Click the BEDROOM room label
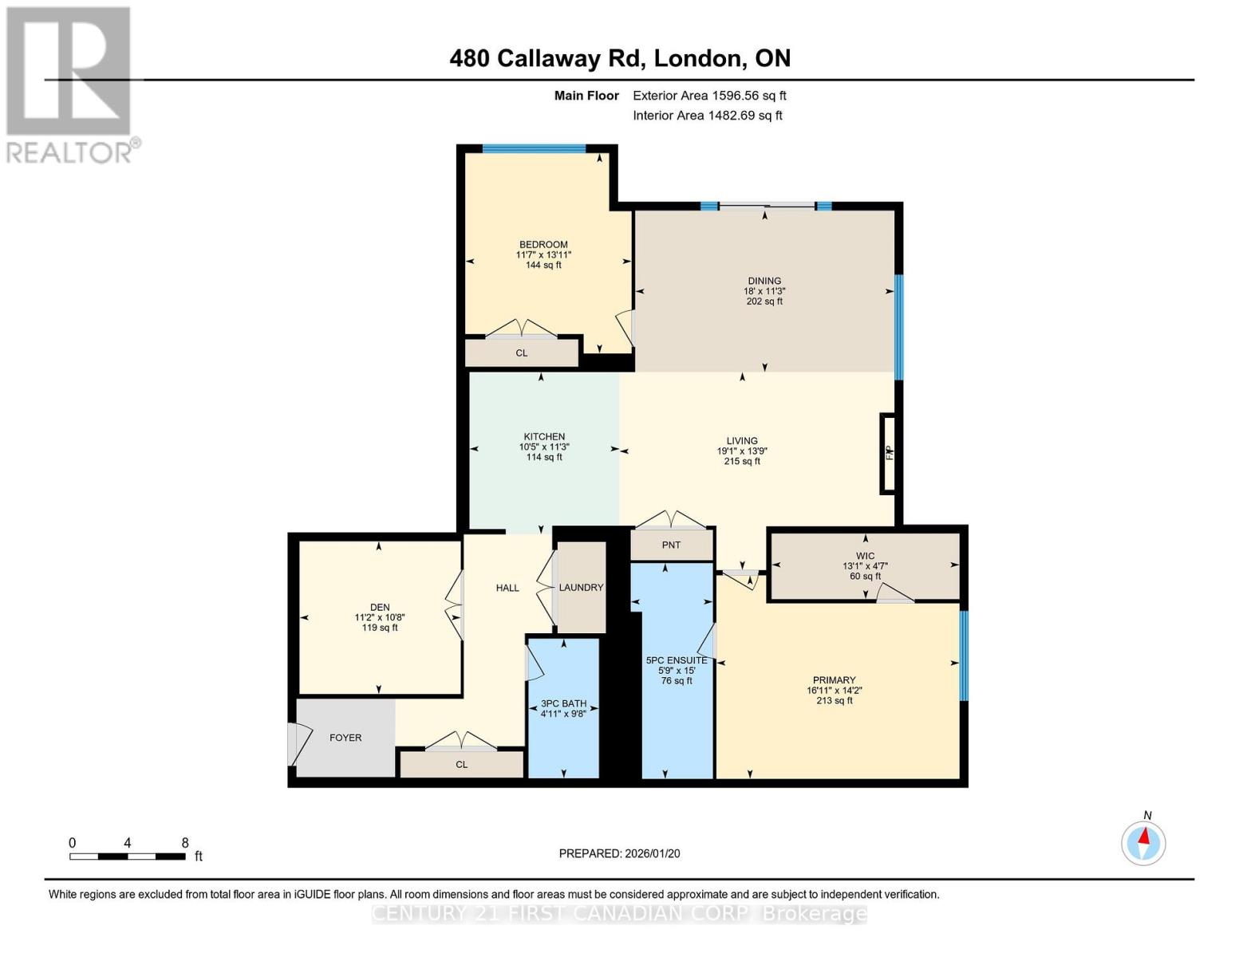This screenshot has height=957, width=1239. pos(543,245)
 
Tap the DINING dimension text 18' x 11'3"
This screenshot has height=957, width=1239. pos(764,291)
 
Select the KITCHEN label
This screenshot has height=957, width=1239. pos(544,436)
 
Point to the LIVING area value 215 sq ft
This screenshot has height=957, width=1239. pos(741,461)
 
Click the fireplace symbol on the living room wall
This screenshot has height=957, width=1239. pos(888,453)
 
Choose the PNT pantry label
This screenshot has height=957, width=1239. pos(671,545)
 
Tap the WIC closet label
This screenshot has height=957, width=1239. pos(865,556)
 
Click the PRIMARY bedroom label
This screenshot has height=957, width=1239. pos(834,680)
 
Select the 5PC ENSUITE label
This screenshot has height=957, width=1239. pos(677,660)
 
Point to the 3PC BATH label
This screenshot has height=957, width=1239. pos(563,703)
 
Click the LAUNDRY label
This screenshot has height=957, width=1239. pos(581,588)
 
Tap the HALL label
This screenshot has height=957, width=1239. pos(507,588)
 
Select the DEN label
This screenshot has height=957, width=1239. pos(380,607)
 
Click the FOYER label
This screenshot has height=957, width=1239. pos(345,738)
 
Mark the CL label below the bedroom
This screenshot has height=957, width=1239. pos(521,353)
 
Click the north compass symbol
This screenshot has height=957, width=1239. pos(1143,842)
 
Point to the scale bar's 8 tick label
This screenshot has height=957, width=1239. pos(185,843)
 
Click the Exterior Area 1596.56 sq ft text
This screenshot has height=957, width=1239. pos(709,96)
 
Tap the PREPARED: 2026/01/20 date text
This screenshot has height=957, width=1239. pos(619,853)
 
